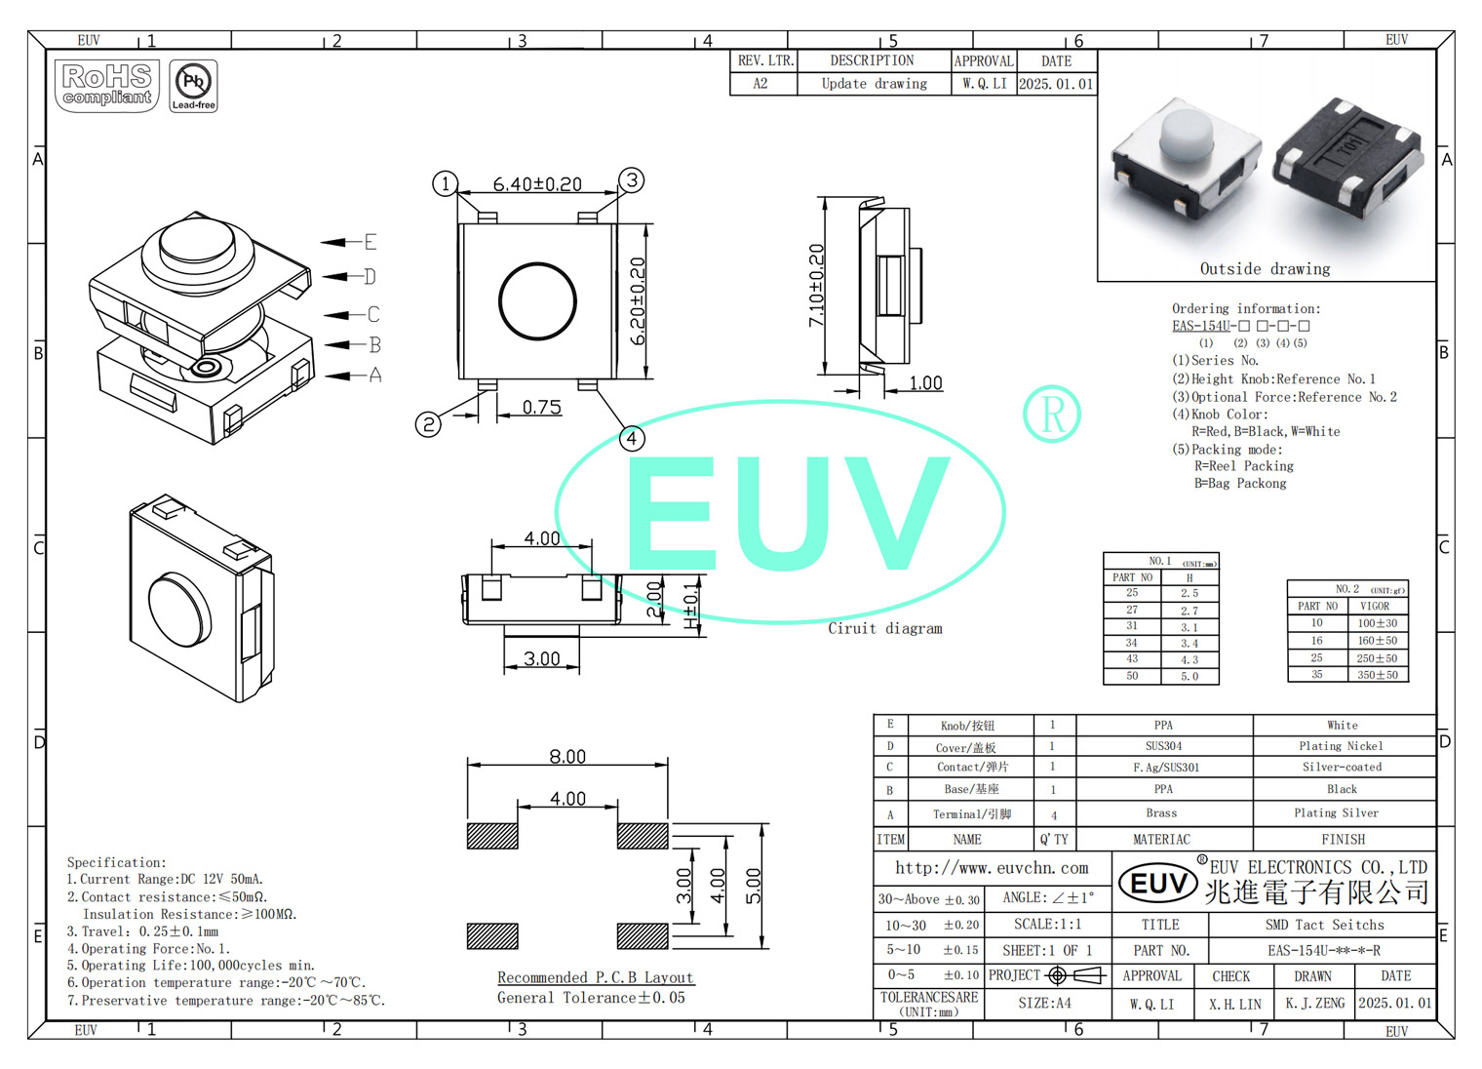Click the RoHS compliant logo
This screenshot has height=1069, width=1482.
(x=107, y=86)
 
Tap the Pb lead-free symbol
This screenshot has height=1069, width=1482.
(x=193, y=85)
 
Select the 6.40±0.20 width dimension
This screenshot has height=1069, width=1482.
(x=537, y=183)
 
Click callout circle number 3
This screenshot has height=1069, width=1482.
(x=632, y=179)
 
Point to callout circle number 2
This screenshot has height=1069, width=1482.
(x=428, y=423)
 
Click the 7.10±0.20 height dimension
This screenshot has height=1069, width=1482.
(x=817, y=285)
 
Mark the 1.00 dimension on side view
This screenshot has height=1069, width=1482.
(x=925, y=382)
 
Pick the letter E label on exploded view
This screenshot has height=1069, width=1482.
(x=370, y=241)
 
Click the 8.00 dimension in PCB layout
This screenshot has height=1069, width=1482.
(x=567, y=756)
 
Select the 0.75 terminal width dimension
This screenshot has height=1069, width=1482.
(x=541, y=407)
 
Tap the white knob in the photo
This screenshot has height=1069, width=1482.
(x=1187, y=136)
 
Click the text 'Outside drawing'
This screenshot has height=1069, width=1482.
(x=1265, y=268)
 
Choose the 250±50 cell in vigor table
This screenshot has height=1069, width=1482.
(x=1377, y=658)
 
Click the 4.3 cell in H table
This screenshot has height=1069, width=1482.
(x=1189, y=659)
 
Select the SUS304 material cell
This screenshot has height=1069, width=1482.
(x=1163, y=746)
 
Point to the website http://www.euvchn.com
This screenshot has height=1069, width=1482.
(x=992, y=867)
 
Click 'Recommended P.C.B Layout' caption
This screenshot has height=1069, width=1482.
(x=595, y=977)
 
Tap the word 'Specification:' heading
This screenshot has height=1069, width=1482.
(x=116, y=862)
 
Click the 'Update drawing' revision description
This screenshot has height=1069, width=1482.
(x=874, y=84)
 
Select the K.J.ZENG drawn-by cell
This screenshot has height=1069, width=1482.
(x=1314, y=1003)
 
